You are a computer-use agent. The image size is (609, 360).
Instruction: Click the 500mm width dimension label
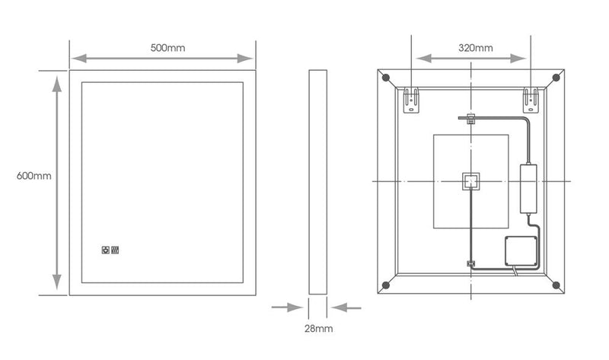[x=168, y=47]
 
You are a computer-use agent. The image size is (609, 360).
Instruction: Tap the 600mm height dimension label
[x=33, y=176]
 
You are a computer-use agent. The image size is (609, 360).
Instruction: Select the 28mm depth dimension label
[x=317, y=329]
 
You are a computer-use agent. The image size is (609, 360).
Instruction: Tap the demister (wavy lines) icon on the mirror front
[x=116, y=249]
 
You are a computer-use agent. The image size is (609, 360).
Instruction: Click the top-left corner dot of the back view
[x=386, y=78]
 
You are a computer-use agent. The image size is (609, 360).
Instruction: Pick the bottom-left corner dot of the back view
[x=386, y=285]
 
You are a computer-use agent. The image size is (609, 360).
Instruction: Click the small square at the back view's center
[x=470, y=181]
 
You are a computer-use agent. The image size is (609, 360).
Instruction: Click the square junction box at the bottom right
[x=521, y=249]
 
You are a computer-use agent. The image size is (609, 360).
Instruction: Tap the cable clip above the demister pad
[x=470, y=119]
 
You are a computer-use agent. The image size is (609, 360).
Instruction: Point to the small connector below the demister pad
[x=470, y=265]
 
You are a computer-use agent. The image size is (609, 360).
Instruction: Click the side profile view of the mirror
[x=318, y=183]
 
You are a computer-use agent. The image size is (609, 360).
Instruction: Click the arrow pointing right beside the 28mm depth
[x=288, y=307]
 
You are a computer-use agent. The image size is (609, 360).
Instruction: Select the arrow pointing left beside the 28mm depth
[x=348, y=307]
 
